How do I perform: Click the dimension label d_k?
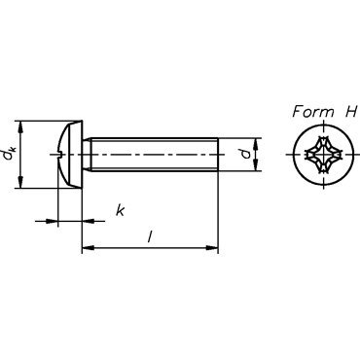[9, 153]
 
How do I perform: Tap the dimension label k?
[120, 210]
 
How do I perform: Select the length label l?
[150, 236]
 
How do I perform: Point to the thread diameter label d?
[247, 154]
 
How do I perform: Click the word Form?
[313, 112]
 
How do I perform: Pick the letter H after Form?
[351, 112]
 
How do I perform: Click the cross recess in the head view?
[324, 155]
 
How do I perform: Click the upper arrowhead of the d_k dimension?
[21, 127]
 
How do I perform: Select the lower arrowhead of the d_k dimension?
[21, 182]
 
